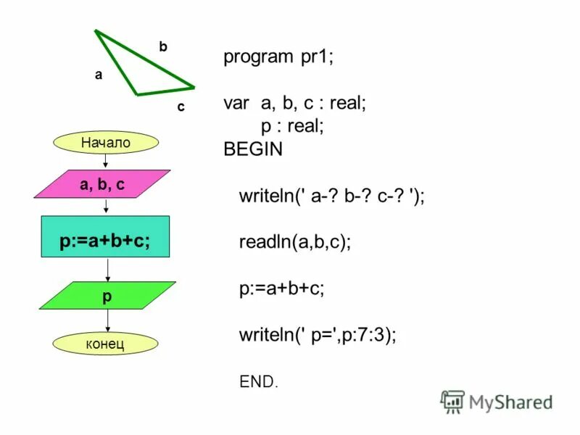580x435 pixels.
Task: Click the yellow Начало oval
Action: pyautogui.click(x=106, y=143)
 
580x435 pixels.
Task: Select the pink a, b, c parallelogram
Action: pyautogui.click(x=102, y=184)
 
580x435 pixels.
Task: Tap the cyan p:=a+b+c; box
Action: pyautogui.click(x=105, y=237)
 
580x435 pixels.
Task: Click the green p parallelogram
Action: pyautogui.click(x=107, y=296)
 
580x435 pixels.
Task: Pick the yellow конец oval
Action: pyautogui.click(x=105, y=343)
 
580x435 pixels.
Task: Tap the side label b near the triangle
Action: pyautogui.click(x=163, y=46)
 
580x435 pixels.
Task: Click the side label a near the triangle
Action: pyautogui.click(x=99, y=75)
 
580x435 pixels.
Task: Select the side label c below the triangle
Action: pyautogui.click(x=181, y=107)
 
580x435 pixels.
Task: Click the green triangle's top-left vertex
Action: pyautogui.click(x=96, y=31)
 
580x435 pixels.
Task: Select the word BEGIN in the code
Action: pyautogui.click(x=253, y=150)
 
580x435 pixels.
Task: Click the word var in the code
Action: pyautogui.click(x=236, y=104)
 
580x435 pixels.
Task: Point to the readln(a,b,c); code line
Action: pyautogui.click(x=295, y=242)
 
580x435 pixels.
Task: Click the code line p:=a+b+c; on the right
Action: pyautogui.click(x=282, y=289)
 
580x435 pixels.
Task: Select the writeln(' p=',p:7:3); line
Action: pyautogui.click(x=318, y=335)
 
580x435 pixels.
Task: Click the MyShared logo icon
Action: pyautogui.click(x=452, y=401)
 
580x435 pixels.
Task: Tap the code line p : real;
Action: pyautogui.click(x=292, y=127)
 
